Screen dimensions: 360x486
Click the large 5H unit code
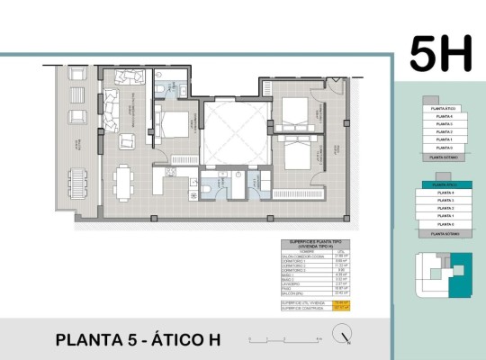click(440, 54)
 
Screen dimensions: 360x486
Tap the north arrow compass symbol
click(341, 337)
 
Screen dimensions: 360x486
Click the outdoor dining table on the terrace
click(80, 184)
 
